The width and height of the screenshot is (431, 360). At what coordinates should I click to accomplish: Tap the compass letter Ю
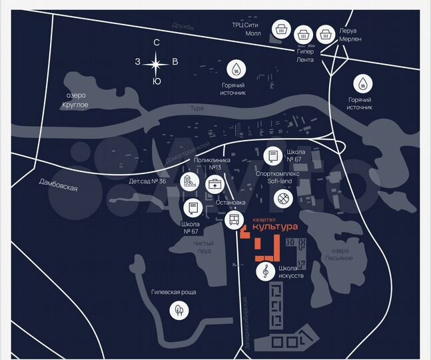(157, 81)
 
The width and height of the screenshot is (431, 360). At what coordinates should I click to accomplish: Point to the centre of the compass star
(157, 63)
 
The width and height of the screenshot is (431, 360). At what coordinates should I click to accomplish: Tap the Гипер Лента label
(305, 55)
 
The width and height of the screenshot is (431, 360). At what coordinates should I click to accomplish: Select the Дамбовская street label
(59, 188)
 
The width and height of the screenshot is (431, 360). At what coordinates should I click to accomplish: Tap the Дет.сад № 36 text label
(148, 181)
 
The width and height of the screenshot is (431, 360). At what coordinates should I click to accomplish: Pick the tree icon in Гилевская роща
(179, 309)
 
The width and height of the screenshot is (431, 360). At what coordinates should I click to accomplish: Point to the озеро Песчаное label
(336, 254)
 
